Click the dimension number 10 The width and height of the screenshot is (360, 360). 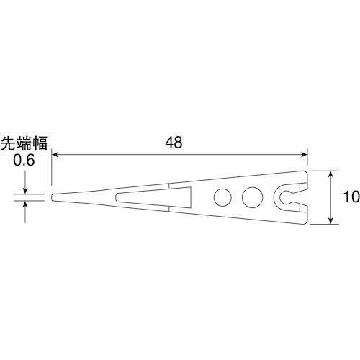tap(351, 197)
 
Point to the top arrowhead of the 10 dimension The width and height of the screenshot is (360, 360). tap(331, 174)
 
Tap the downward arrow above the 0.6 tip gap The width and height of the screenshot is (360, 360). tap(26, 189)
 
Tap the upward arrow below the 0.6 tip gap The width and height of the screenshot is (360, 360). tap(26, 204)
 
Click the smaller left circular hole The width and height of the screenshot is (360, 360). tap(223, 196)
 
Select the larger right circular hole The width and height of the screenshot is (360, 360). tap(251, 196)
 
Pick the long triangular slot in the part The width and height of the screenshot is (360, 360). tap(155, 195)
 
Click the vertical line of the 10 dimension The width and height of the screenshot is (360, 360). tap(331, 197)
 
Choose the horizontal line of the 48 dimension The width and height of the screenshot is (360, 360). tap(180, 153)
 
